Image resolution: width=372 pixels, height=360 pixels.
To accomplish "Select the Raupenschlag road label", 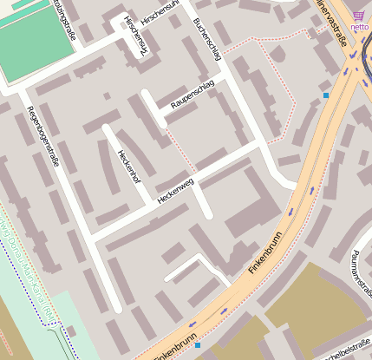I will [x=193, y=98].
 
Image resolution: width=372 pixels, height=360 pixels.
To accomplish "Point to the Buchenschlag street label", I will [x=208, y=39].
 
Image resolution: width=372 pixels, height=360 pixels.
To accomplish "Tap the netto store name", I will [x=359, y=27].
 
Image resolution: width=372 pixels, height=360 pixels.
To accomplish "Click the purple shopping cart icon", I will [x=359, y=15].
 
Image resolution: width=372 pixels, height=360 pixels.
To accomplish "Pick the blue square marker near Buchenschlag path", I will [x=326, y=95].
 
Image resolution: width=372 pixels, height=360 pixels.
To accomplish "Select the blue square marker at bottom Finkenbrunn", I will [x=198, y=345].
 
